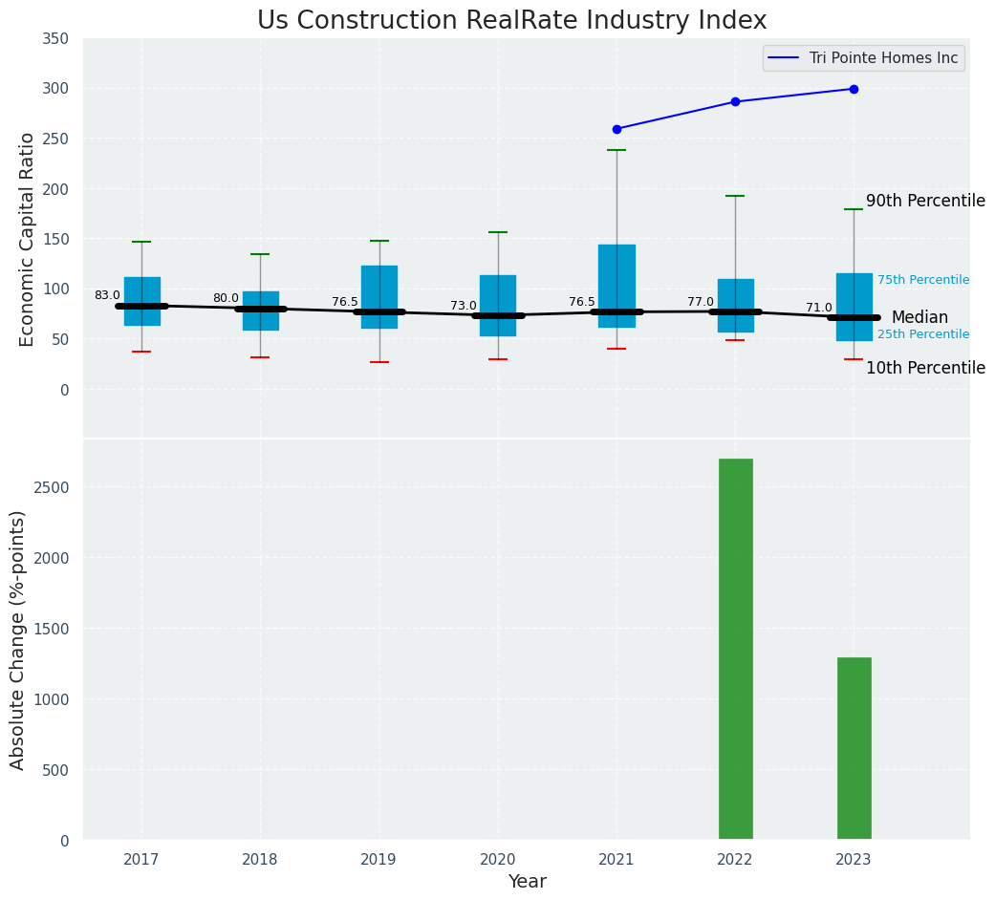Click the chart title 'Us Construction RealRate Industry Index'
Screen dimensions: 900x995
511,21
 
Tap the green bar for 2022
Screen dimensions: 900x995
735,649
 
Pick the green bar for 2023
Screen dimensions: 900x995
854,748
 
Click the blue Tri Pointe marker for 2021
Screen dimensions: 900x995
616,129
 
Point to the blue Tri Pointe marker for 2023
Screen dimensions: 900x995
854,89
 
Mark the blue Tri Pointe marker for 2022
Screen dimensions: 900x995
735,101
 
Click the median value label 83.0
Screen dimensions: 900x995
107,296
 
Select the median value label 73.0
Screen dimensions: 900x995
464,306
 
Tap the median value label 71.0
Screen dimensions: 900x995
819,308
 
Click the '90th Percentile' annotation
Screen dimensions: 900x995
924,202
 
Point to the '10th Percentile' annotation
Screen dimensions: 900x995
924,368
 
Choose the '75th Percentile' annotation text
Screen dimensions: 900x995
922,280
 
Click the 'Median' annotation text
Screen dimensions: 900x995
919,317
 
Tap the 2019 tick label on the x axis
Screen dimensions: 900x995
379,860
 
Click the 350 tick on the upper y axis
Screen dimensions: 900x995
55,39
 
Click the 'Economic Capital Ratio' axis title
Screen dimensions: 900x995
28,239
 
